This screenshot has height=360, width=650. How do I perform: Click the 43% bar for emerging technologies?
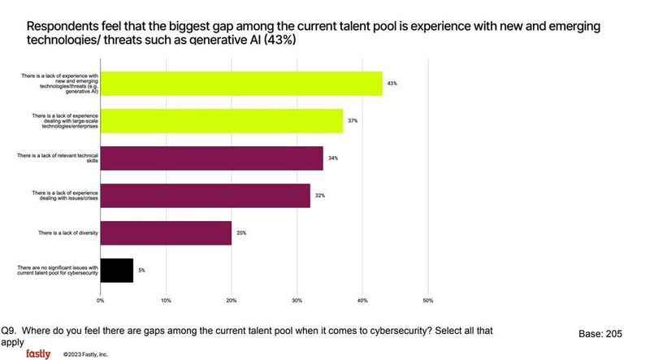pyautogui.click(x=241, y=83)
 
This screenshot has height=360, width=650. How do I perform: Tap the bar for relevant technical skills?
pyautogui.click(x=212, y=158)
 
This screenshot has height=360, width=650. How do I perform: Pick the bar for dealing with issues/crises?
pyautogui.click(x=206, y=195)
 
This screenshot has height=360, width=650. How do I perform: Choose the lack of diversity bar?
pyautogui.click(x=166, y=232)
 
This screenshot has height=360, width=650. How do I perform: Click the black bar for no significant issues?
pyautogui.click(x=117, y=270)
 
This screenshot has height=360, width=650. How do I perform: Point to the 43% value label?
pyautogui.click(x=392, y=83)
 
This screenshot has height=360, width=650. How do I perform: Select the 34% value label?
pyautogui.click(x=332, y=158)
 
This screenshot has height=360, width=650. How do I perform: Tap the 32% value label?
pyautogui.click(x=319, y=195)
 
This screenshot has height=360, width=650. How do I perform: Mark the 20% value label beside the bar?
pyautogui.click(x=241, y=232)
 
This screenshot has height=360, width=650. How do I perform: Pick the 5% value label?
pyautogui.click(x=142, y=270)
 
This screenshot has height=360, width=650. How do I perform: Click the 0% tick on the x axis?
pyautogui.click(x=101, y=300)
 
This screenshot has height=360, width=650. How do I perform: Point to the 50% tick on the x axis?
pyautogui.click(x=427, y=300)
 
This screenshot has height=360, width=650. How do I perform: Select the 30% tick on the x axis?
pyautogui.click(x=297, y=300)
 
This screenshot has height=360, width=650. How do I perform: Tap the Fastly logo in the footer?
pyautogui.click(x=38, y=353)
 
